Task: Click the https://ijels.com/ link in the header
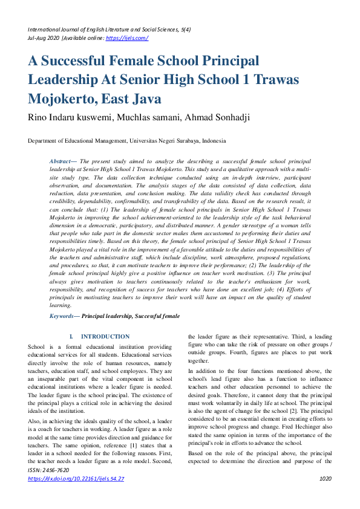pos(126,37)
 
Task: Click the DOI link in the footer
pos(76,495)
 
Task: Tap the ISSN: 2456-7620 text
pos(48,487)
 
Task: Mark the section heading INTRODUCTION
pos(105,336)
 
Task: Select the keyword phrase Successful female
pos(155,316)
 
